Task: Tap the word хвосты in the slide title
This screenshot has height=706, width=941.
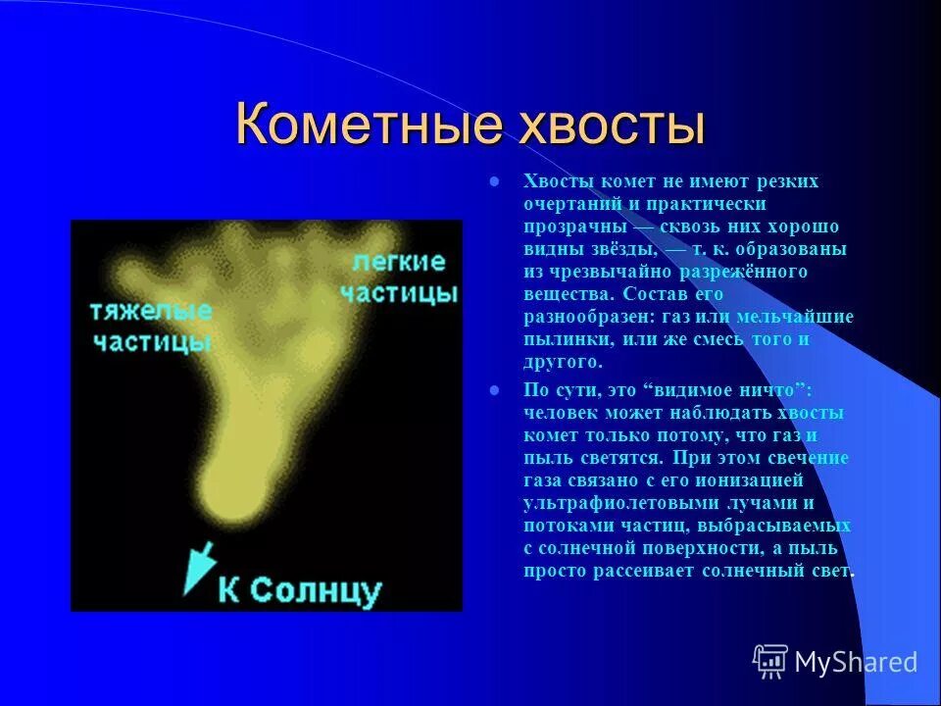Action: [599, 126]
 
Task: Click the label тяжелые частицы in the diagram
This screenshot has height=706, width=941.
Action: [151, 327]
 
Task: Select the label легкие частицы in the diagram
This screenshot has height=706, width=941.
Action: [398, 277]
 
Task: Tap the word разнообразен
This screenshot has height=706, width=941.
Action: [583, 317]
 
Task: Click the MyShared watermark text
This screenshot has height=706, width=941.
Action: [856, 663]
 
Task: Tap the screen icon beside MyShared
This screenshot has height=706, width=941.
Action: [769, 663]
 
